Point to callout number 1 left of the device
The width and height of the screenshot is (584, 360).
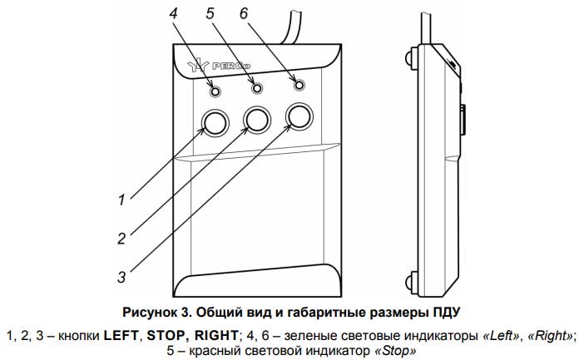point(121,199)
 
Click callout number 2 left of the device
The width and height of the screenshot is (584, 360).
point(121,238)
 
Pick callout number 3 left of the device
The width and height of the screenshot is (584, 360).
point(121,275)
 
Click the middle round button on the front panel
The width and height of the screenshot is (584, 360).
point(256,120)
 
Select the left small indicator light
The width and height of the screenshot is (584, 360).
point(216,90)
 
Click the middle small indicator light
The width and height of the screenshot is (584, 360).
point(257,86)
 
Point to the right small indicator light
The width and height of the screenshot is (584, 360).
point(298,83)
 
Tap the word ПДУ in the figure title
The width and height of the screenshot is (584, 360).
point(445,312)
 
